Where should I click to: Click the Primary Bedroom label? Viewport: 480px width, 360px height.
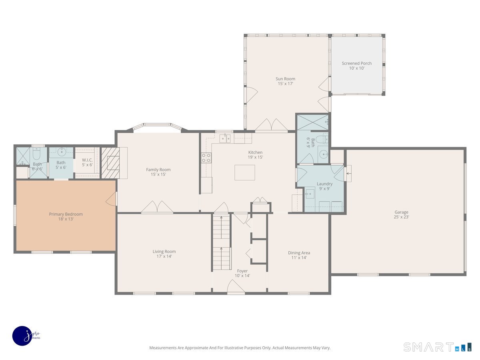(x=66, y=214)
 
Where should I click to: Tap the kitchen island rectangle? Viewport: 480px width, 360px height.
(x=245, y=172)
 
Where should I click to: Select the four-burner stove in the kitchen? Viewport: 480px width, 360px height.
(x=206, y=158)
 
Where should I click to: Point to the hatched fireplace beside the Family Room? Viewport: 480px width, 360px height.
(x=110, y=163)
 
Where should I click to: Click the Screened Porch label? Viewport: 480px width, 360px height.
(x=357, y=63)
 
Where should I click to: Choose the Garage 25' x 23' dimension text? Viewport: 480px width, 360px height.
(x=401, y=217)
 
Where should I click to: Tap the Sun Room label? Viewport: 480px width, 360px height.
(x=285, y=79)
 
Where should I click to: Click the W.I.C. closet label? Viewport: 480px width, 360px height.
(x=87, y=160)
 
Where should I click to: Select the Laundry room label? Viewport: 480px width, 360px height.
(x=324, y=184)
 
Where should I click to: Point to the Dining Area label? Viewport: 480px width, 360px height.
(x=299, y=253)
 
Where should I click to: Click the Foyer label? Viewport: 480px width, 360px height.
(x=242, y=271)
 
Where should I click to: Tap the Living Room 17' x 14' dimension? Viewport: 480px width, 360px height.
(x=164, y=256)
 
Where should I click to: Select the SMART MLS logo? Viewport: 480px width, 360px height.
(x=437, y=347)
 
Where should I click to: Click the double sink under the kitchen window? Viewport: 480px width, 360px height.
(x=225, y=138)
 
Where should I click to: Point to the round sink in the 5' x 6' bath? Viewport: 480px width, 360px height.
(x=62, y=151)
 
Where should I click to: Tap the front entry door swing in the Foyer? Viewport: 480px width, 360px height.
(x=236, y=286)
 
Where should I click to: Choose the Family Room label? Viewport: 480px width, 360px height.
(x=158, y=169)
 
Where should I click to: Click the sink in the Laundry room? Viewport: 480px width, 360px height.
(x=310, y=194)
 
